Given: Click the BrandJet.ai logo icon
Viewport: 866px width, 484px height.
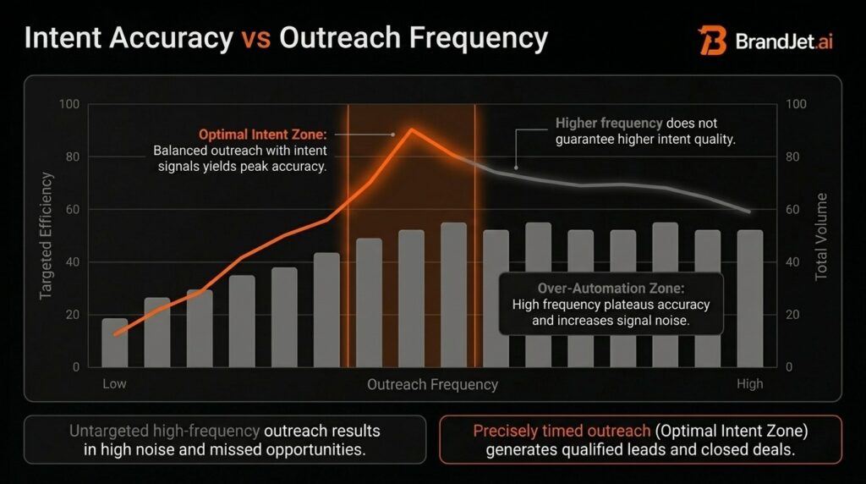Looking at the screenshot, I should coord(712,40).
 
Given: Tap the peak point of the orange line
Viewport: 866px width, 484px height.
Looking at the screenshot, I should coord(412,129).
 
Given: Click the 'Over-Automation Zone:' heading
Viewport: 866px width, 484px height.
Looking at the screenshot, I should coord(611,288).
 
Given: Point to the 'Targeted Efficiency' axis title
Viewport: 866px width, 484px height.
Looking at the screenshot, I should coord(47,235).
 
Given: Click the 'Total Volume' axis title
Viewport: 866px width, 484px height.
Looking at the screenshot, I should coord(821,237).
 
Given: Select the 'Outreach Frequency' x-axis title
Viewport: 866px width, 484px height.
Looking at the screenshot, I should coord(432,384).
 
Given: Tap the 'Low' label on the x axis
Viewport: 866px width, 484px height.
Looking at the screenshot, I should coord(114,384).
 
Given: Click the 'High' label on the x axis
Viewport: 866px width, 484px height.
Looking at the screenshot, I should coord(749,384).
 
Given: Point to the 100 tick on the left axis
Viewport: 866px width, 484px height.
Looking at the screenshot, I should coord(69,104).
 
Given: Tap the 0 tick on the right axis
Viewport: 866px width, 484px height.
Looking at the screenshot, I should coord(789,367).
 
